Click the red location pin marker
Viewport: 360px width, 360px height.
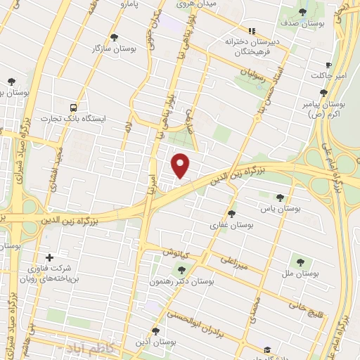click(181, 164)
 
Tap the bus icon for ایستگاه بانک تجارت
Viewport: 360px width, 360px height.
click(74, 108)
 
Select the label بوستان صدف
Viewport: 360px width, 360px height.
click(302, 23)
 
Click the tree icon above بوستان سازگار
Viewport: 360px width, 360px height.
click(114, 36)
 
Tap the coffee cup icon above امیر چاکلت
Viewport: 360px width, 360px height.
click(328, 64)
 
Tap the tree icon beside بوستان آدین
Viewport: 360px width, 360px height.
click(156, 330)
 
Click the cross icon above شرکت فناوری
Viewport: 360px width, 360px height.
click(49, 257)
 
